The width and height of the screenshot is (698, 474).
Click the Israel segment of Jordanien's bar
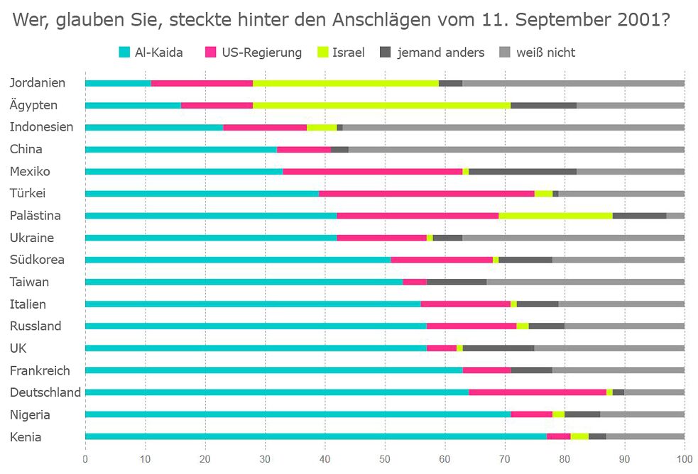click(346, 83)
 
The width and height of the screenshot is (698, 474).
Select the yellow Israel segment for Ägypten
click(381, 105)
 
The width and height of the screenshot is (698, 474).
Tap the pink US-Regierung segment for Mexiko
click(373, 171)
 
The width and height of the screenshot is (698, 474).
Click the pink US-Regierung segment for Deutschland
click(538, 392)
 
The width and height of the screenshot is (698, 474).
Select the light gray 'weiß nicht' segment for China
click(516, 149)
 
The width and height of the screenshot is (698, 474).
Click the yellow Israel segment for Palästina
click(555, 215)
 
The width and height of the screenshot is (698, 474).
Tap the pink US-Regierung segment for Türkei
click(427, 193)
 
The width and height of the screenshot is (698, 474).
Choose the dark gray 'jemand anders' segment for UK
click(498, 348)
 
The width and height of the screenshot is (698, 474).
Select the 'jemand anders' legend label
click(440, 52)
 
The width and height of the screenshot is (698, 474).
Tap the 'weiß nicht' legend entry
click(545, 52)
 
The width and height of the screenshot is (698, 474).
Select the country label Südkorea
click(37, 260)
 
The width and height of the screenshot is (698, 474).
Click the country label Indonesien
click(41, 127)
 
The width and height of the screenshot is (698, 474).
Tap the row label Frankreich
click(40, 370)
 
